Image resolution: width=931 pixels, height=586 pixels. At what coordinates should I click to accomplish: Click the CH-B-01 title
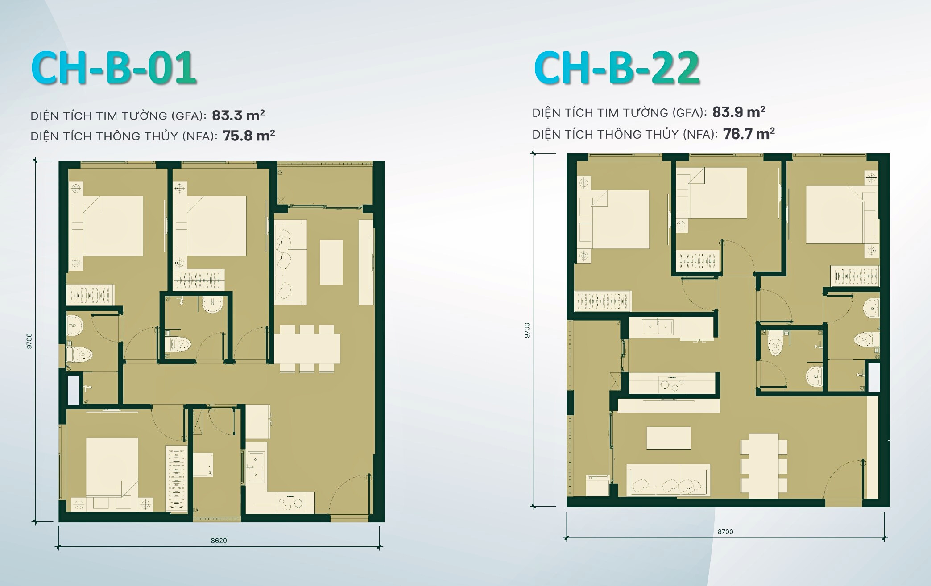tap(114, 68)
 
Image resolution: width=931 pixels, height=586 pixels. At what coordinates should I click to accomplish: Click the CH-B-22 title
tap(617, 68)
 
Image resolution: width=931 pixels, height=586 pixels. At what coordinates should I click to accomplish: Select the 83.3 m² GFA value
tap(238, 116)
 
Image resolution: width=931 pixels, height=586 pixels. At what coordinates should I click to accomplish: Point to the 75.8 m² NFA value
tap(248, 136)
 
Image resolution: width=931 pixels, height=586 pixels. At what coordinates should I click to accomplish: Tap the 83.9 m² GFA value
tap(739, 112)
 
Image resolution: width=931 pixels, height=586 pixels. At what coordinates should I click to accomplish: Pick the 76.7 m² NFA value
tap(749, 133)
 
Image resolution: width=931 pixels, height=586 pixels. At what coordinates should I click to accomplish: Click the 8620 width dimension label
tap(219, 541)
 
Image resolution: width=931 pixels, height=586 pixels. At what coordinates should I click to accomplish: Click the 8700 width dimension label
tap(725, 532)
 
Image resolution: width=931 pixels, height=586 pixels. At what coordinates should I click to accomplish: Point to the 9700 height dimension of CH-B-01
tap(29, 341)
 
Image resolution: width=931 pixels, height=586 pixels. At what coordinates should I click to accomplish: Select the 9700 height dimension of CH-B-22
tap(527, 330)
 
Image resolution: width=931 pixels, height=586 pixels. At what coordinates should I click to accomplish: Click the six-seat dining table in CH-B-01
tap(307, 348)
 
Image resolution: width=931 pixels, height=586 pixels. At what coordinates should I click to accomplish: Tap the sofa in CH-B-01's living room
tap(290, 262)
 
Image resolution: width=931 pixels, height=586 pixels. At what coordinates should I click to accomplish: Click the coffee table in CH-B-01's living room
tap(331, 262)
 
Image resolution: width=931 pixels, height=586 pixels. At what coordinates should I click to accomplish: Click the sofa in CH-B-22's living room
tap(668, 480)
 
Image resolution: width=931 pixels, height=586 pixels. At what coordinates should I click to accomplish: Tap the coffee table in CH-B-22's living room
tap(668, 437)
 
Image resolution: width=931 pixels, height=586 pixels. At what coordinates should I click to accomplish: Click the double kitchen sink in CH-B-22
tap(658, 326)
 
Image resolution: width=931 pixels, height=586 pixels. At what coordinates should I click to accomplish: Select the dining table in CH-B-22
tap(764, 466)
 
